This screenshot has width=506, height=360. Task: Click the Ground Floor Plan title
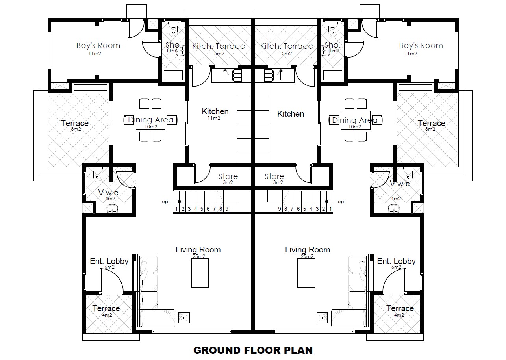253,350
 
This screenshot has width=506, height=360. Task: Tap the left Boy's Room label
98,46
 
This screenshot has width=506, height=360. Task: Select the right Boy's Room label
421,46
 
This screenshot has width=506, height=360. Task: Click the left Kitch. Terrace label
219,46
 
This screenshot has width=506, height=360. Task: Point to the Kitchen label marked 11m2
215,112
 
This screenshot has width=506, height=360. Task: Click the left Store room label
228,177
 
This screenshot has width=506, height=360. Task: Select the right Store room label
274,177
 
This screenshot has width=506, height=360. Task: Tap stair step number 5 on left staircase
202,209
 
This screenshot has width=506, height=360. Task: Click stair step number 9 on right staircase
279,209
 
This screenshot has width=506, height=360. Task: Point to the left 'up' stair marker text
165,202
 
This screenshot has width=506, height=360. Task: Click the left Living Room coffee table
200,273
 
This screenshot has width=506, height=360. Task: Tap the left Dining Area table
150,120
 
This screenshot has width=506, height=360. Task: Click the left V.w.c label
108,193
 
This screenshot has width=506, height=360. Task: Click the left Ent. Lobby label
109,262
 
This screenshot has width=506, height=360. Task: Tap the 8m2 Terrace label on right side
432,124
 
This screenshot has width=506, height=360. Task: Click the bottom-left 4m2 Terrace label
106,308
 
